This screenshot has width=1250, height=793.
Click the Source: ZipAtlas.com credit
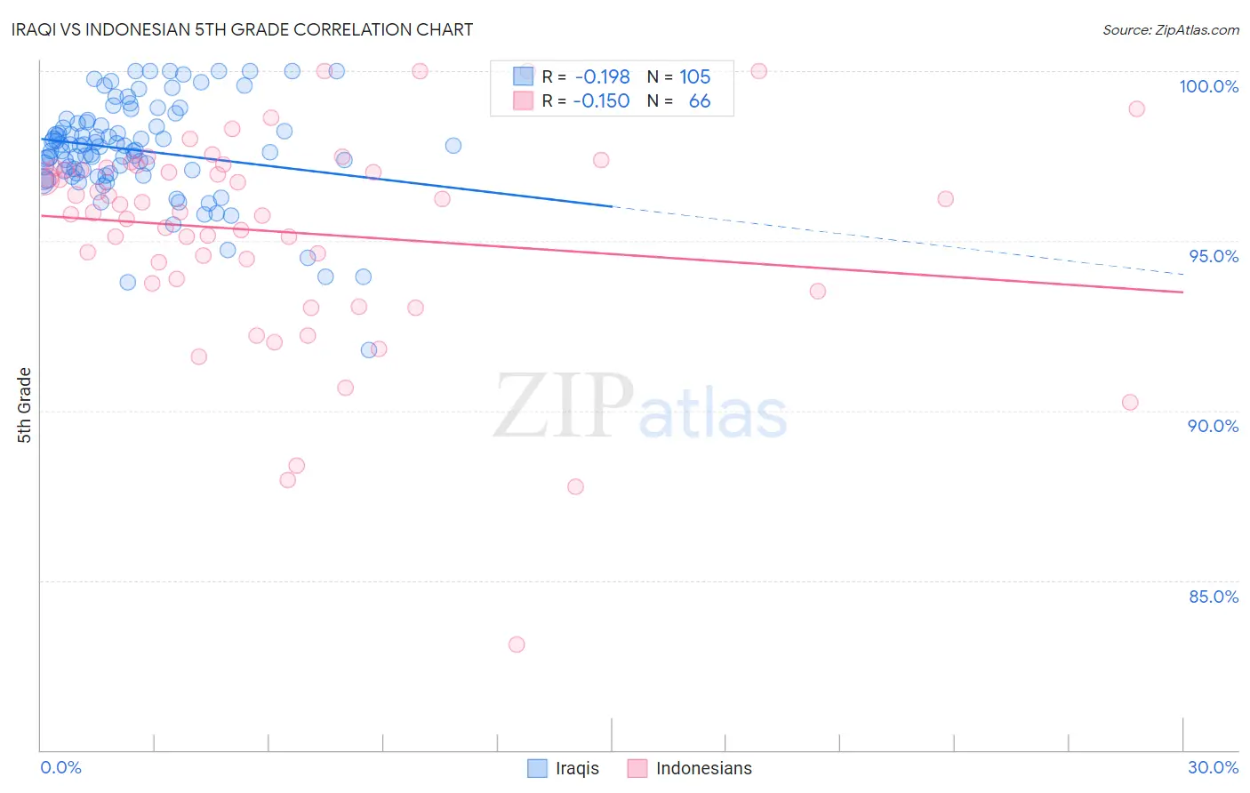[x=1170, y=30]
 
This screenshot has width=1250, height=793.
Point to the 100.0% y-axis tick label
[x=1208, y=86]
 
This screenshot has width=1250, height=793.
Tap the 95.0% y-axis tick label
[x=1214, y=256]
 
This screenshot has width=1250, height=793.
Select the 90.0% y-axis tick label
[x=1214, y=426]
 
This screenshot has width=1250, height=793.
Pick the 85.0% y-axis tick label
[x=1214, y=597]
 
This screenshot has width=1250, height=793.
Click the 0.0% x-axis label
[x=60, y=767]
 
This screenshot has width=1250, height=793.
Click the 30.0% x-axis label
[x=1213, y=767]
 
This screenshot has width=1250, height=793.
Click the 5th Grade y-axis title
[x=25, y=405]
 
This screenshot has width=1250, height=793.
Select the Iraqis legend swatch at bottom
[x=537, y=768]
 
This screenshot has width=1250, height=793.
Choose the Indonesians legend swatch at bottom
[x=637, y=768]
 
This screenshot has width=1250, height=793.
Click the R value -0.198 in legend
[x=602, y=77]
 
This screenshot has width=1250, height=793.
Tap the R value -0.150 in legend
[x=601, y=101]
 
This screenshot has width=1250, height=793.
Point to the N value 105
[x=695, y=77]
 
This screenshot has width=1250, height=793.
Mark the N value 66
[x=700, y=101]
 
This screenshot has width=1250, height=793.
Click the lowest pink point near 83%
[x=517, y=645]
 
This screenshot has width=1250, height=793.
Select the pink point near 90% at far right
[x=1130, y=403]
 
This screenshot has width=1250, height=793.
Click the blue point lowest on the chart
[x=368, y=350]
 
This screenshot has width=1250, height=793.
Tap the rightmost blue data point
[x=453, y=146]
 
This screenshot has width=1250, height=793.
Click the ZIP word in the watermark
[x=564, y=407]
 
